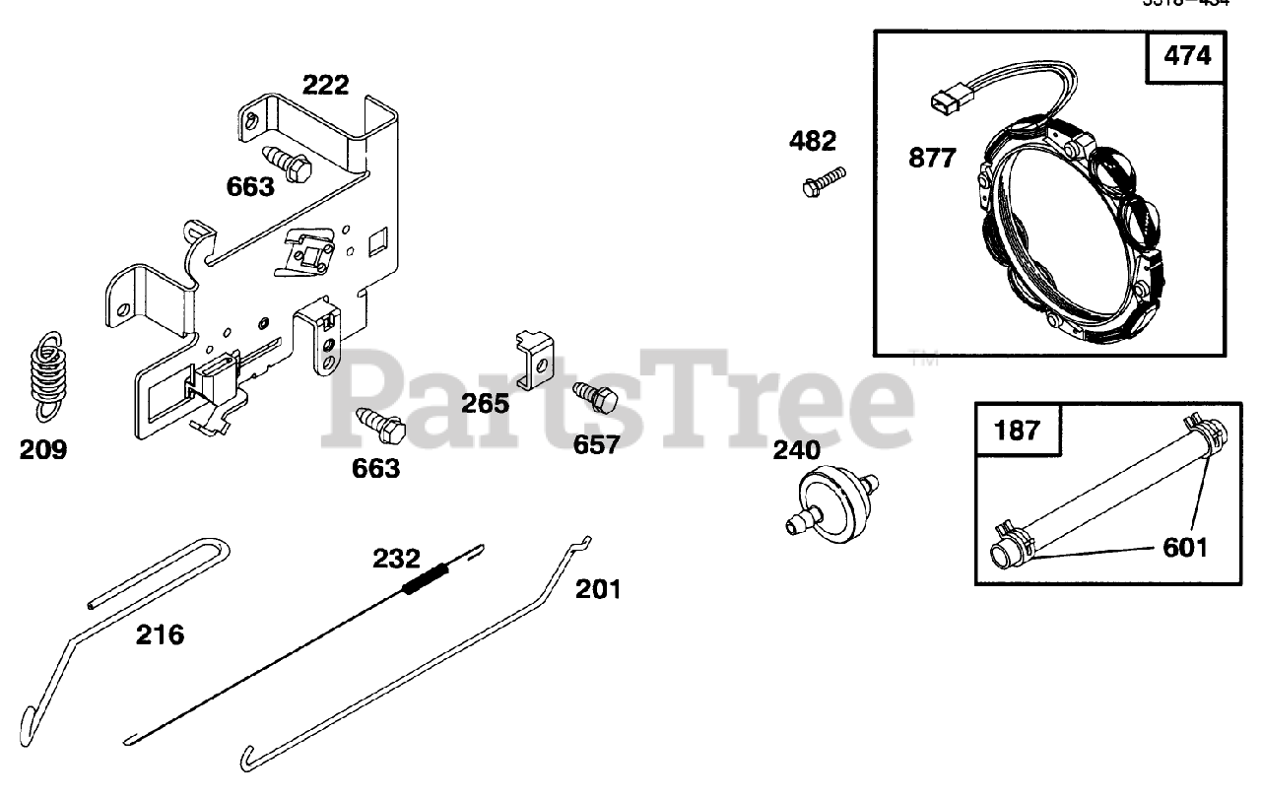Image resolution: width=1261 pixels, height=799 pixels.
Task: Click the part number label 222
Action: point(325,85)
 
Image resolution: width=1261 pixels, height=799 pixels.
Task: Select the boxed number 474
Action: point(1187,56)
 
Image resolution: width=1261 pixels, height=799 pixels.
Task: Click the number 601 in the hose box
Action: point(1185,546)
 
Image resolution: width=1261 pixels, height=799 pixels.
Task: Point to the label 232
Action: point(396,559)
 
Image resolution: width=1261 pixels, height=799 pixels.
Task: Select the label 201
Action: point(599,589)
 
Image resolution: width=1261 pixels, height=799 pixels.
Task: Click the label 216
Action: point(160,634)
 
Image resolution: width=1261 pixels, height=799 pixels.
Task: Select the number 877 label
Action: point(932,158)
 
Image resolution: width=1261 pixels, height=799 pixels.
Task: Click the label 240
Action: point(796,450)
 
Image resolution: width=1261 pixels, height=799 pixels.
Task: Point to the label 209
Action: point(43,450)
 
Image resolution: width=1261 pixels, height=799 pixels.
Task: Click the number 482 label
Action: point(813,141)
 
